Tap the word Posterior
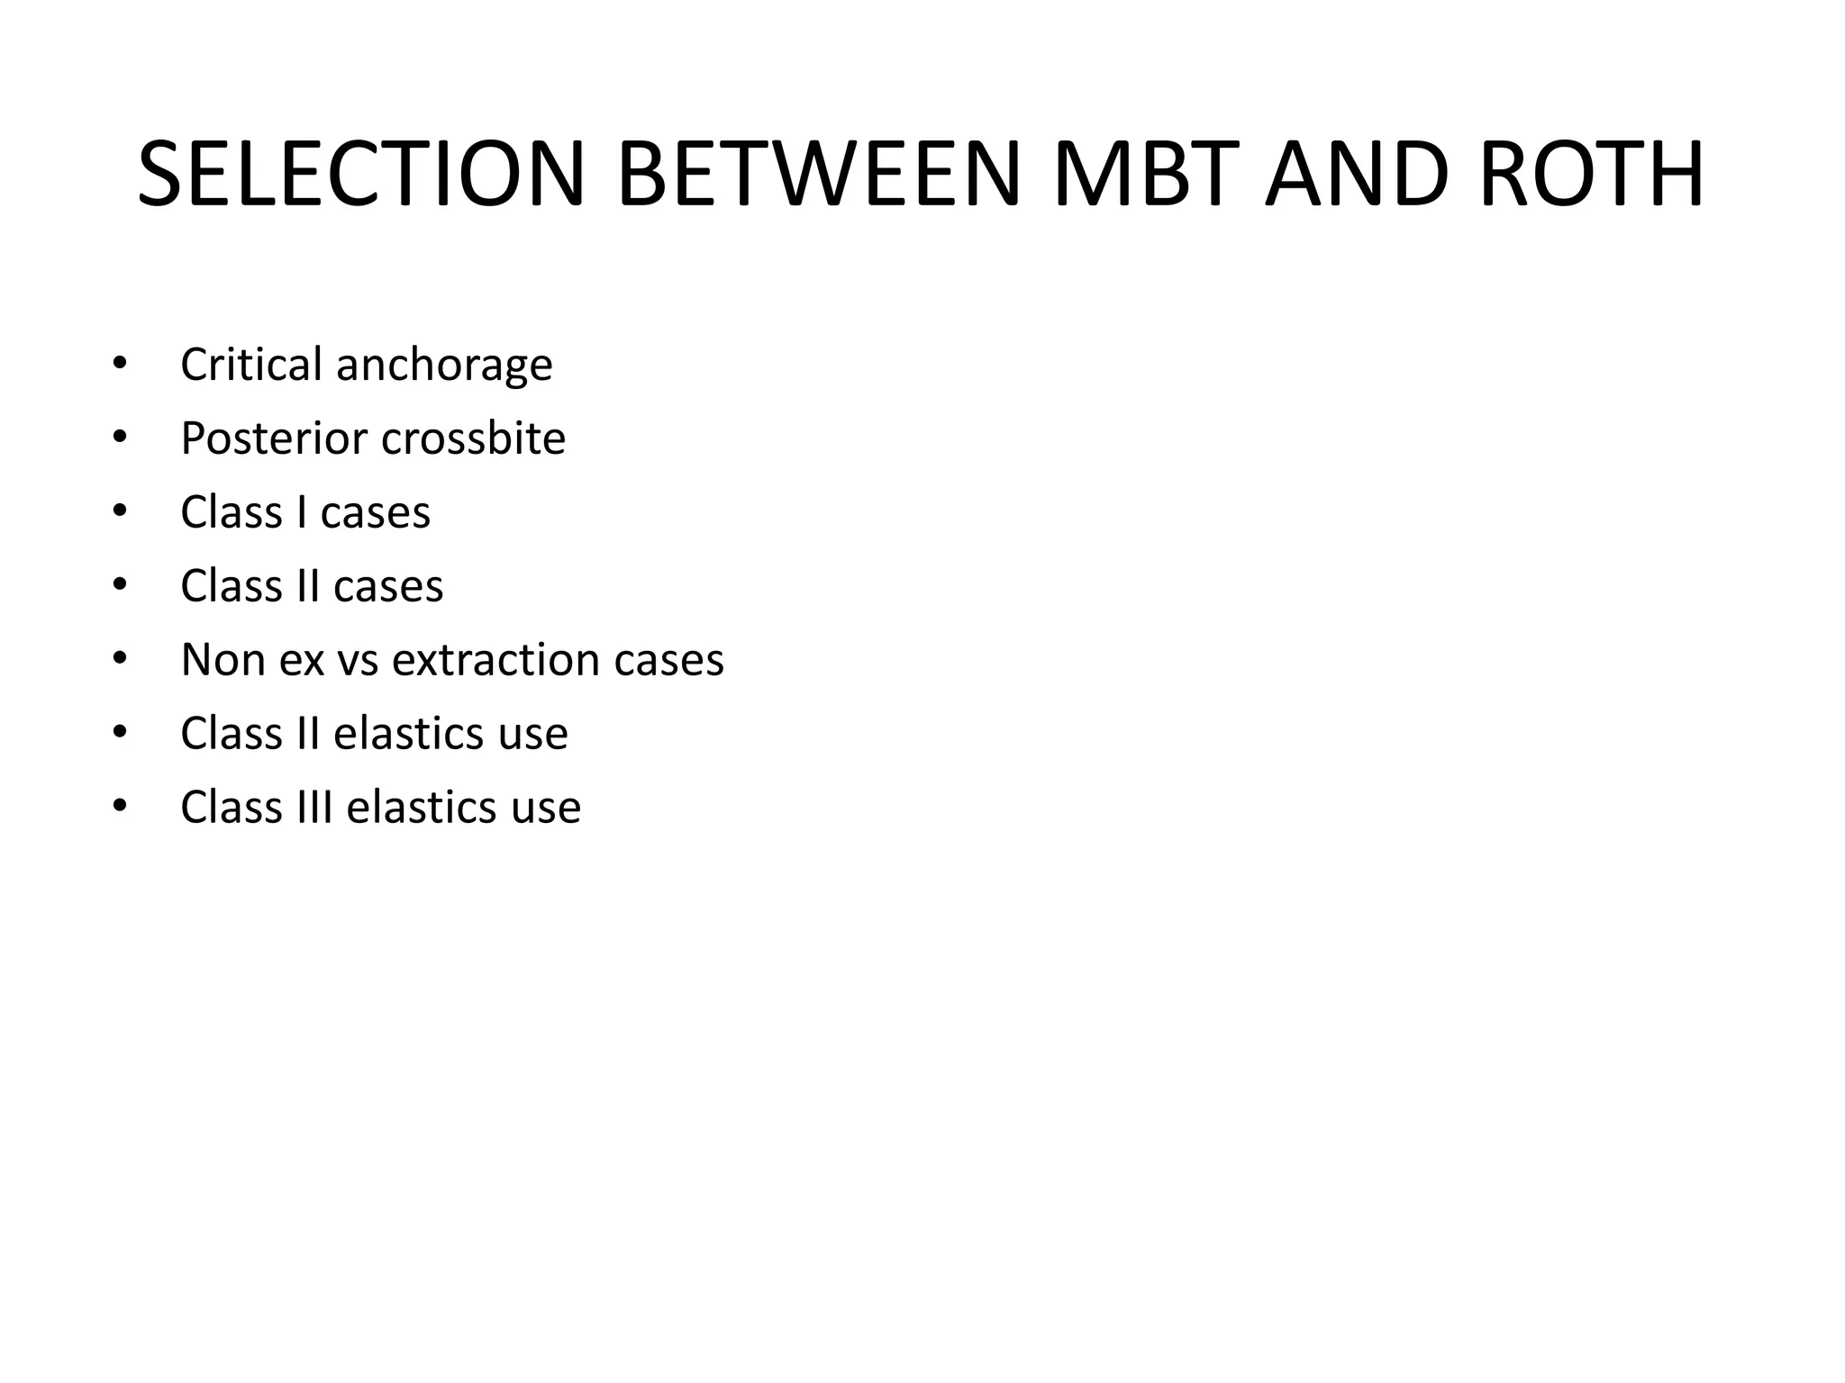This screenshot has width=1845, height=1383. click(274, 438)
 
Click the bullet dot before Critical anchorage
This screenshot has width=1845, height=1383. click(120, 364)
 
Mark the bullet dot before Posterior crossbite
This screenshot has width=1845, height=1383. click(120, 438)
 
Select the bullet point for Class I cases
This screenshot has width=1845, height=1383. click(120, 511)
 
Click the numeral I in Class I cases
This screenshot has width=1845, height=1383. click(302, 512)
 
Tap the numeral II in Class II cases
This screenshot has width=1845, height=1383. click(308, 586)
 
